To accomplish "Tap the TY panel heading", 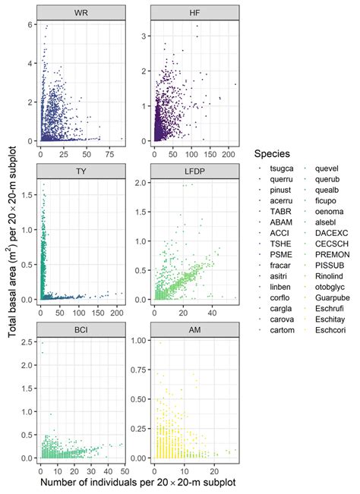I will click(80, 171).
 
